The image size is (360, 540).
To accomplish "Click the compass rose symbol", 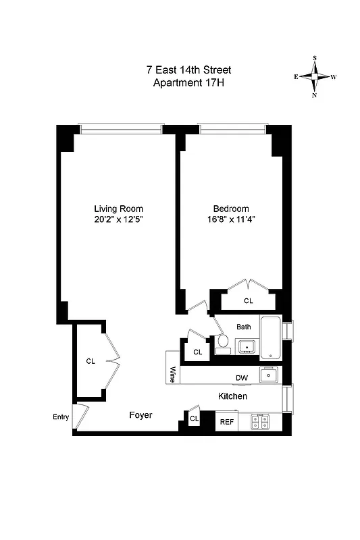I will tap(315, 77).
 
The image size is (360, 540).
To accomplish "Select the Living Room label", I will tap(118, 209).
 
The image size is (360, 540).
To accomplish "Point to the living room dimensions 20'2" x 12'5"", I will tap(118, 219).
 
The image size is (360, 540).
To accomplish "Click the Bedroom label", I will tap(231, 209).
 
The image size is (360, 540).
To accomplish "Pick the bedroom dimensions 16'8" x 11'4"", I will tap(231, 219).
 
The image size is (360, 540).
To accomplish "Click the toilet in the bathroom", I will tap(222, 345).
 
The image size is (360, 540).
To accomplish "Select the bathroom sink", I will tap(247, 348).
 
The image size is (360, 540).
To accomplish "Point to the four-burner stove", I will tap(260, 422).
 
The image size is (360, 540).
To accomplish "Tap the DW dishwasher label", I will tap(241, 378).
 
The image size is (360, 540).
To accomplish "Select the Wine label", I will tap(173, 375).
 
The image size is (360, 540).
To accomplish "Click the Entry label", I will tap(61, 416).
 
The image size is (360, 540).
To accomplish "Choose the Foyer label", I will tap(140, 415).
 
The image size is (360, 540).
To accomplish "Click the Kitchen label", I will tap(232, 396).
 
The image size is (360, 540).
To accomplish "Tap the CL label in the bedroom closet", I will tap(248, 301).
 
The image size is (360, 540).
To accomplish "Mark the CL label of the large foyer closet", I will tap(91, 361).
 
